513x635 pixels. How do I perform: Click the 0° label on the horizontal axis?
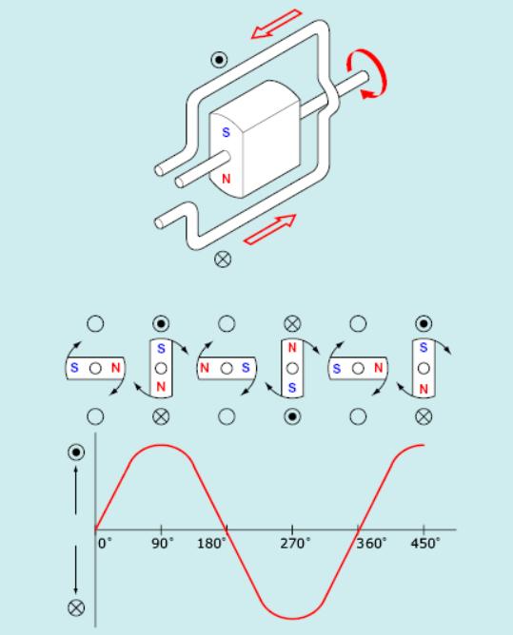point(105,543)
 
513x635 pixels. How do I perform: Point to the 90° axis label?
point(162,543)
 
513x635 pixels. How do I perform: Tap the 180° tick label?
point(211,543)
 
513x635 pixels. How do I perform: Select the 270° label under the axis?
point(295,543)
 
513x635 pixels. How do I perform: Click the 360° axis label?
point(371,543)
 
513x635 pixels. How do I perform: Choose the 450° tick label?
point(425,543)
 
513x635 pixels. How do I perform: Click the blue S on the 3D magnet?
point(226,132)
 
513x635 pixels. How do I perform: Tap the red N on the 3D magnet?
point(226,179)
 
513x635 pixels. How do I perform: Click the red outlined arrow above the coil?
point(277,25)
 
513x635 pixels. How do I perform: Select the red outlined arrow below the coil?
point(269,230)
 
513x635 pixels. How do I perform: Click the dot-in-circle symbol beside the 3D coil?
point(219,60)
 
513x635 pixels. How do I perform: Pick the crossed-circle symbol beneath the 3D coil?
point(223,259)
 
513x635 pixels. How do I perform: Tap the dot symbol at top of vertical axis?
point(76,452)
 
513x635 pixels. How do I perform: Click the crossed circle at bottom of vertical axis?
point(76,607)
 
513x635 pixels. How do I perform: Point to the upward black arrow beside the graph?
point(76,490)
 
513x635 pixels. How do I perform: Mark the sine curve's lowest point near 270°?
point(292,619)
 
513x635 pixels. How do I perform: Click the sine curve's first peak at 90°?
point(162,445)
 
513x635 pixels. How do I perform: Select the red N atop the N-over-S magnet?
point(292,348)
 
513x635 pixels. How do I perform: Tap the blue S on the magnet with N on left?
point(246,368)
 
